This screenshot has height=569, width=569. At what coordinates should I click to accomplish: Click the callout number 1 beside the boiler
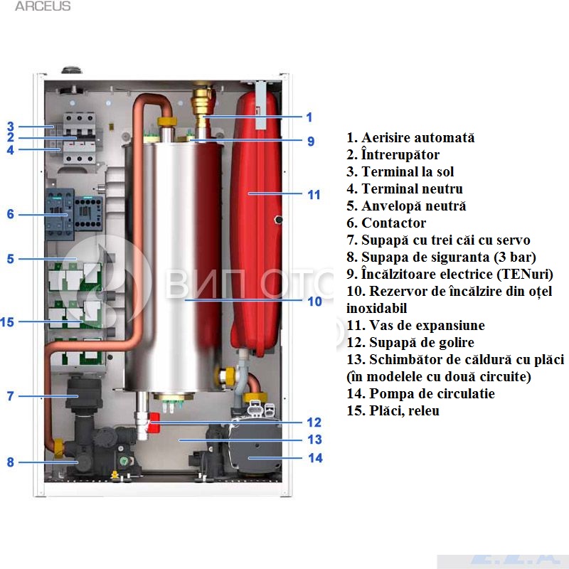[309, 117]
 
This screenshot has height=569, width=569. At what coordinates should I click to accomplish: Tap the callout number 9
[311, 141]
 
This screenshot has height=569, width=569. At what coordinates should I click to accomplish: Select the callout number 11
[313, 194]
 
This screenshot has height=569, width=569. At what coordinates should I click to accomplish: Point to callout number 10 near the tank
[314, 301]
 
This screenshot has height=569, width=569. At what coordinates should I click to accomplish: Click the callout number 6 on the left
[10, 213]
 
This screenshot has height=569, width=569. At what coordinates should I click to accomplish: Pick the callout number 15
[8, 322]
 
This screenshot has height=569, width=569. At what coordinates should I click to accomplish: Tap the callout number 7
[10, 396]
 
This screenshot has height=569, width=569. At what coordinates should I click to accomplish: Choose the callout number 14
[314, 458]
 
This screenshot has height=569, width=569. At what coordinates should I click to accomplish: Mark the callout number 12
[313, 422]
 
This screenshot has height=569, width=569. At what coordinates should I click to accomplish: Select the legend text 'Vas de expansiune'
[416, 326]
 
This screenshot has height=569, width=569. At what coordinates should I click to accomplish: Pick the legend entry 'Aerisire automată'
[410, 138]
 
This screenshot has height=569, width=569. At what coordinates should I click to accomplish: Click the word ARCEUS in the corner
[43, 6]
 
